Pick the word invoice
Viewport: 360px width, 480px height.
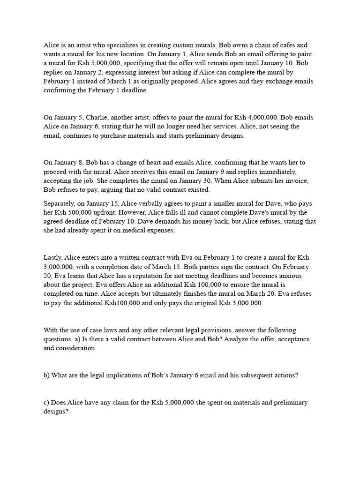click(296, 180)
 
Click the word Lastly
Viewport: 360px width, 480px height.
click(53, 258)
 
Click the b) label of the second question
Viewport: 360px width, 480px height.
click(47, 375)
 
